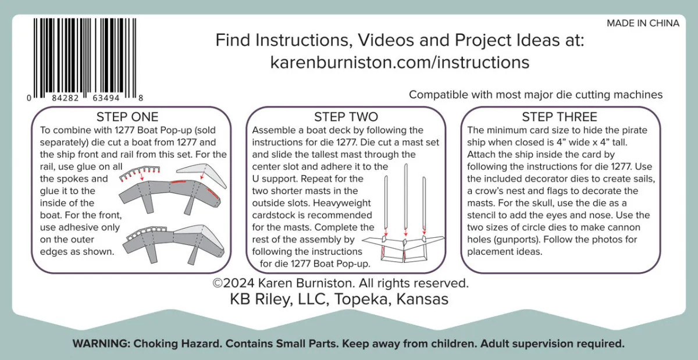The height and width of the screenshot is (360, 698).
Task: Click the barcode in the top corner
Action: [x=85, y=59]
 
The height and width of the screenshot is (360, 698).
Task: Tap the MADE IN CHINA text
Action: [x=643, y=23]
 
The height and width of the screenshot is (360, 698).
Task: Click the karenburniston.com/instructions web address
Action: [x=400, y=62]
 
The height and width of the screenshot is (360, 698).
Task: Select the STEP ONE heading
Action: [x=127, y=117]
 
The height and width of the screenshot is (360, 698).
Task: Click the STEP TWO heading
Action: [x=346, y=117]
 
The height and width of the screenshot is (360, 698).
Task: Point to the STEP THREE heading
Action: [x=560, y=117]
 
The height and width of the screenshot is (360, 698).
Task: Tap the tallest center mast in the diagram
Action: [x=406, y=199]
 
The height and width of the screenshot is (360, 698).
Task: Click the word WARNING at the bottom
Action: [x=101, y=344]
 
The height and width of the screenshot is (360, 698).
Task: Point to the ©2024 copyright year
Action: [x=233, y=283]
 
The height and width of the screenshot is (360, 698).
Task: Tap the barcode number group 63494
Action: [x=106, y=98]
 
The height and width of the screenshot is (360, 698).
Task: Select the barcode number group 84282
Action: [x=65, y=98]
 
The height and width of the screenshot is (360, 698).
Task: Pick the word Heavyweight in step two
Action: [x=342, y=203]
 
